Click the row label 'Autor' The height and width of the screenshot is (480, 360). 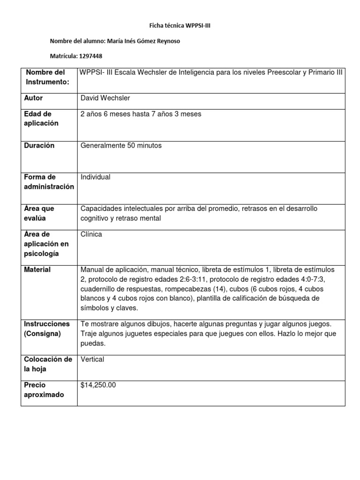33,98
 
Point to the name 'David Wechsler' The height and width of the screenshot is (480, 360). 105,98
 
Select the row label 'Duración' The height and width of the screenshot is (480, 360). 39,145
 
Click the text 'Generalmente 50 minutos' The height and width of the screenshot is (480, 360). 121,145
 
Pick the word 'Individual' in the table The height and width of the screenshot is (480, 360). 96,177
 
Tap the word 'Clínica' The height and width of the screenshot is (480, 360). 91,234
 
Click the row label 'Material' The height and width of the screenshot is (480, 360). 37,270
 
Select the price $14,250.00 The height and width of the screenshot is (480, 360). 98,385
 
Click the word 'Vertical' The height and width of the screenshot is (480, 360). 92,359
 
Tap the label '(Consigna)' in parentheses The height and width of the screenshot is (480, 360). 43,333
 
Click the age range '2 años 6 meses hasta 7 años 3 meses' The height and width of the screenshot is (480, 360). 141,113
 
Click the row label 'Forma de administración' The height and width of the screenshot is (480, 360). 49,182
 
